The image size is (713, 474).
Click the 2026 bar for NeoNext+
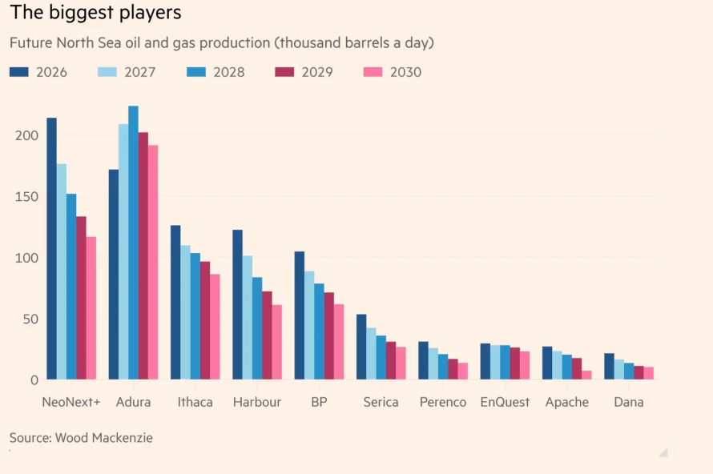tap(51, 248)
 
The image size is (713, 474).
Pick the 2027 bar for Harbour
tap(248, 317)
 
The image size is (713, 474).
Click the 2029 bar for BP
tap(329, 335)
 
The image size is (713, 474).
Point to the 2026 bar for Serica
tap(361, 347)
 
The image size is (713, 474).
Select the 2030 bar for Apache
tap(586, 375)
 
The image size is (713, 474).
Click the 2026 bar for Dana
tap(609, 366)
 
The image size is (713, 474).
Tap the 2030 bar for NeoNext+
tap(91, 307)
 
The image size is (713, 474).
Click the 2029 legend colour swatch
tap(284, 72)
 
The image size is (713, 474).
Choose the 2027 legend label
tap(139, 72)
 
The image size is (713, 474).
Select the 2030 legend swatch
tap(373, 72)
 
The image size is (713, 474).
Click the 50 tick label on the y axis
tap(28, 319)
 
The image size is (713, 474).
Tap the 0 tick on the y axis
tap(32, 380)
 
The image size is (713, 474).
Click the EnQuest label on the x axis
tap(505, 402)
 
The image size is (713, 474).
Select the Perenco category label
tap(443, 402)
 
